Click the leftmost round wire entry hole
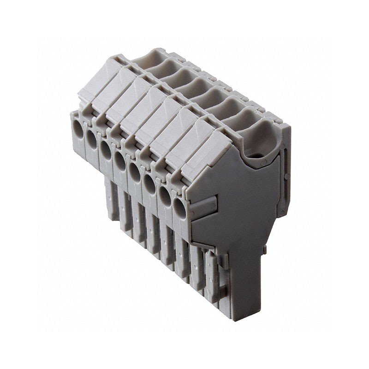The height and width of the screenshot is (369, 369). (78, 133)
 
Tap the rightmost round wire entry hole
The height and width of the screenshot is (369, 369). (179, 210)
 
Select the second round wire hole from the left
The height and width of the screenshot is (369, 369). (92, 142)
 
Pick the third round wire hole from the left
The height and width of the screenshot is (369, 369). (106, 151)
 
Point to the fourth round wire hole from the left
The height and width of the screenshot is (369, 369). (120, 161)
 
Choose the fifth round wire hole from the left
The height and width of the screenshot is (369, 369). (134, 173)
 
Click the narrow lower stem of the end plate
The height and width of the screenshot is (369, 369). (244, 277)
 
